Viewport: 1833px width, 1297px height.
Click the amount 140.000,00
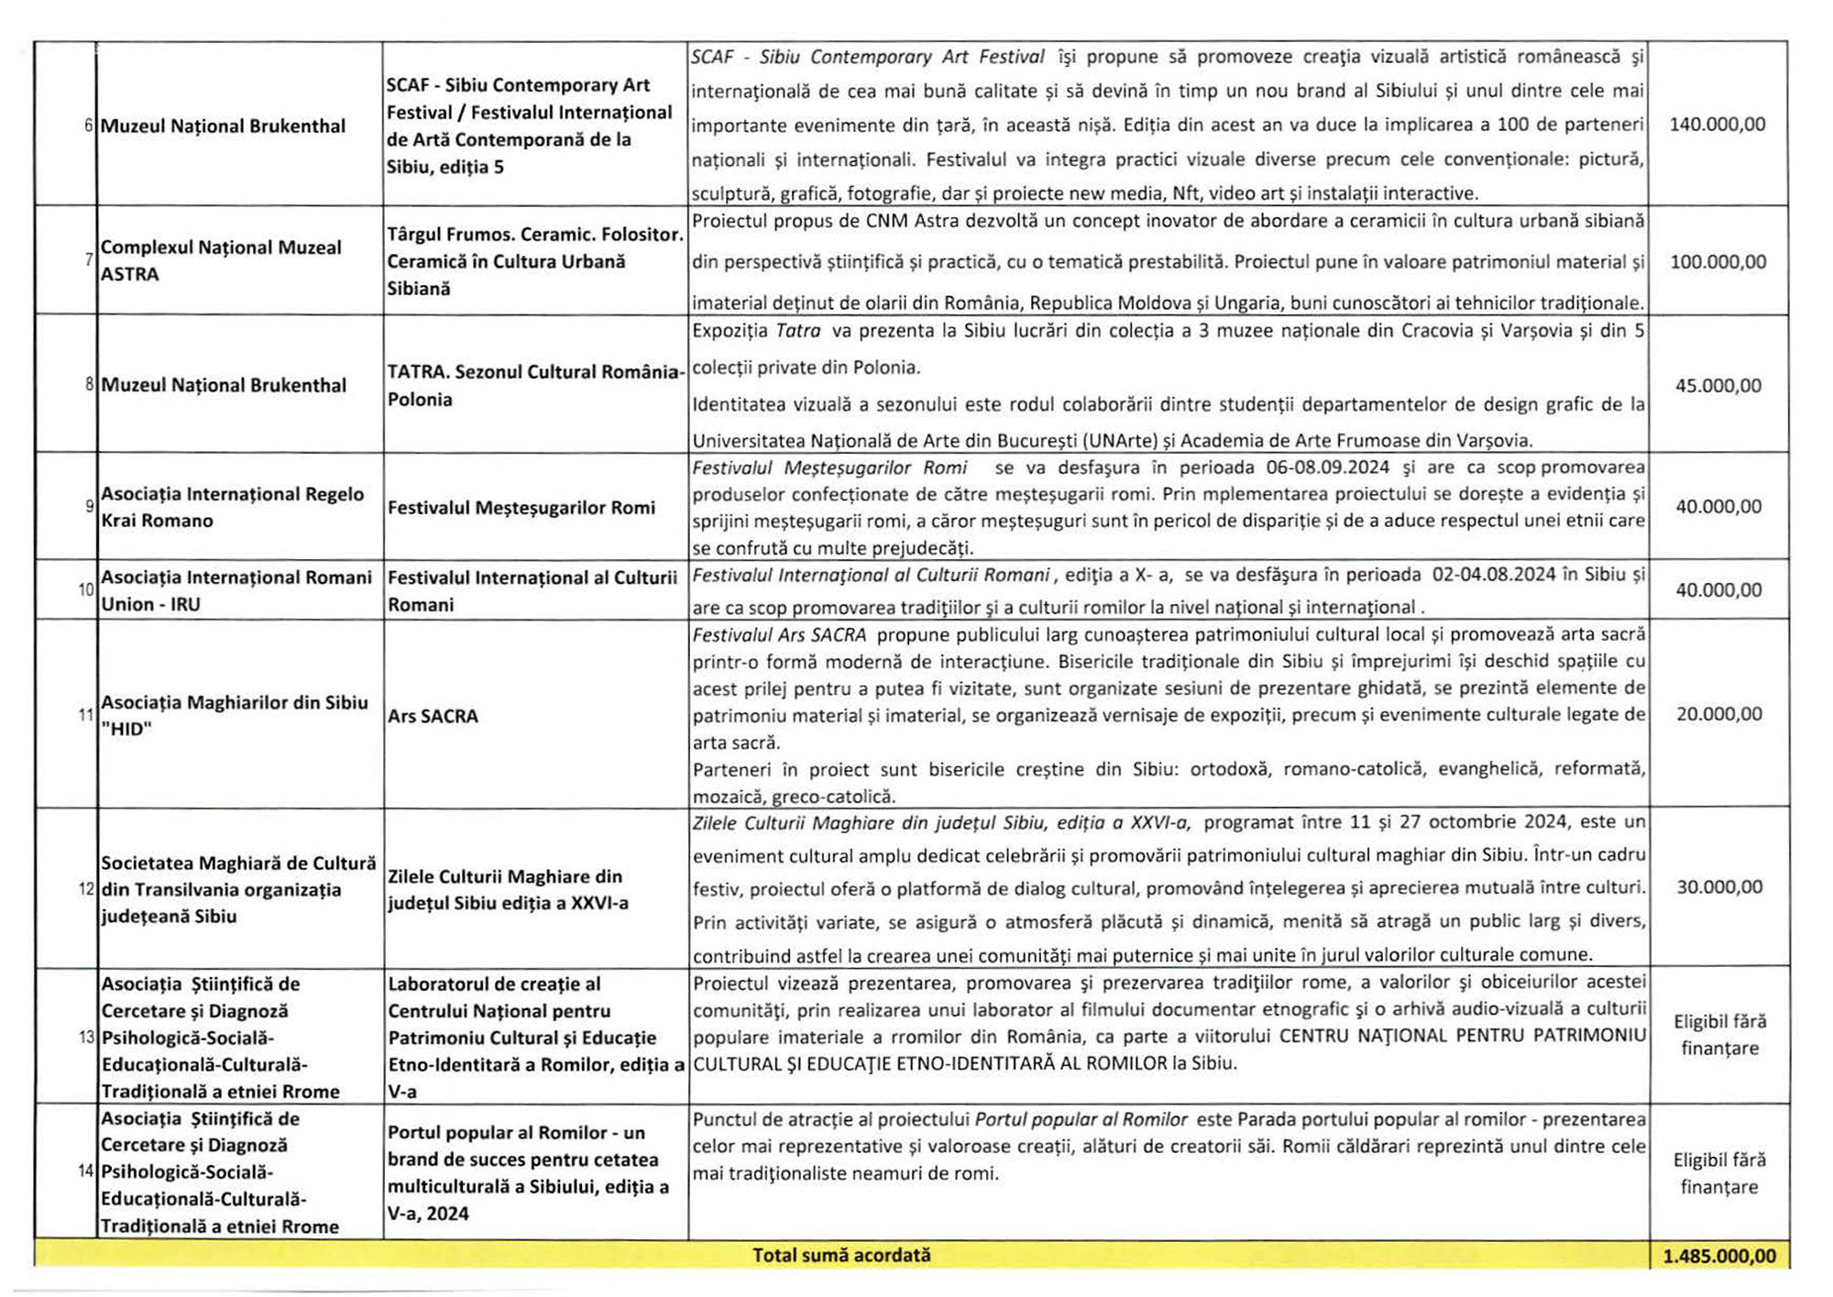pyautogui.click(x=1717, y=125)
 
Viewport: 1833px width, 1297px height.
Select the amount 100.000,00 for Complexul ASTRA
pyautogui.click(x=1718, y=262)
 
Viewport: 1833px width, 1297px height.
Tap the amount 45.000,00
pyautogui.click(x=1718, y=386)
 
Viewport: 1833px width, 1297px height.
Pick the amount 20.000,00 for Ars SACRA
pyautogui.click(x=1718, y=714)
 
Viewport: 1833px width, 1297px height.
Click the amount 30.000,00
pyautogui.click(x=1718, y=887)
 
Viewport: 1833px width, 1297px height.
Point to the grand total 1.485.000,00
pyautogui.click(x=1718, y=1256)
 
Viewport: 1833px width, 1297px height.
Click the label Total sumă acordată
pyautogui.click(x=840, y=1255)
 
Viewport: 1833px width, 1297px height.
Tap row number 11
pyautogui.click(x=86, y=715)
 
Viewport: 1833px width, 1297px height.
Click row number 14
pyautogui.click(x=86, y=1171)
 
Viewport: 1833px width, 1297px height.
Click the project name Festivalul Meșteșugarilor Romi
pyautogui.click(x=521, y=508)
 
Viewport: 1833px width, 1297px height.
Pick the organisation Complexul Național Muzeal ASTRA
pyautogui.click(x=221, y=261)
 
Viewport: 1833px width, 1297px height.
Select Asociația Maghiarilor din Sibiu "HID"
pyautogui.click(x=234, y=715)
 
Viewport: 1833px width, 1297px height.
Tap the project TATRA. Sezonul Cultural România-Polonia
pyautogui.click(x=535, y=386)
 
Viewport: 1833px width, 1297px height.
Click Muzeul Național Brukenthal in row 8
pyautogui.click(x=223, y=385)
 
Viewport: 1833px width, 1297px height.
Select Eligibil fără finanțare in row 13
pyautogui.click(x=1718, y=1035)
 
